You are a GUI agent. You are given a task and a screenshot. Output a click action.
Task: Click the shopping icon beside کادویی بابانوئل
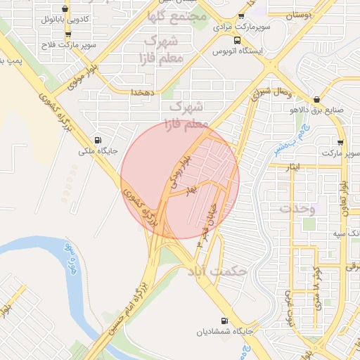65,9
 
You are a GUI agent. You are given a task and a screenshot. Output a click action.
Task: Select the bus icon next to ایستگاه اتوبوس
237,40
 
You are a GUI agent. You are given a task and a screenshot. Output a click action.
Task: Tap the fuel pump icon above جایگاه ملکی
97,139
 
